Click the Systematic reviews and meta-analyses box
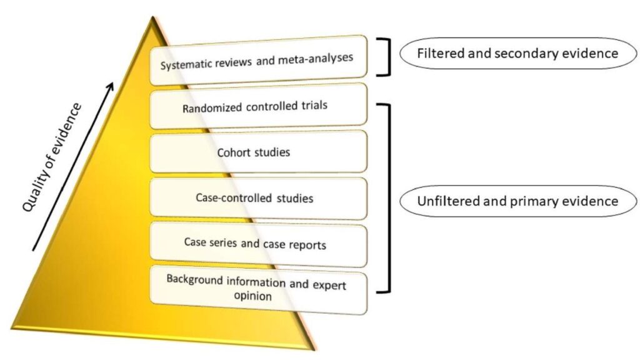(x=257, y=59)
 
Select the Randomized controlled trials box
(x=257, y=106)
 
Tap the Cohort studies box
(x=257, y=152)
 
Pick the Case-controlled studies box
(x=257, y=199)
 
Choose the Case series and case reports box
(x=257, y=244)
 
